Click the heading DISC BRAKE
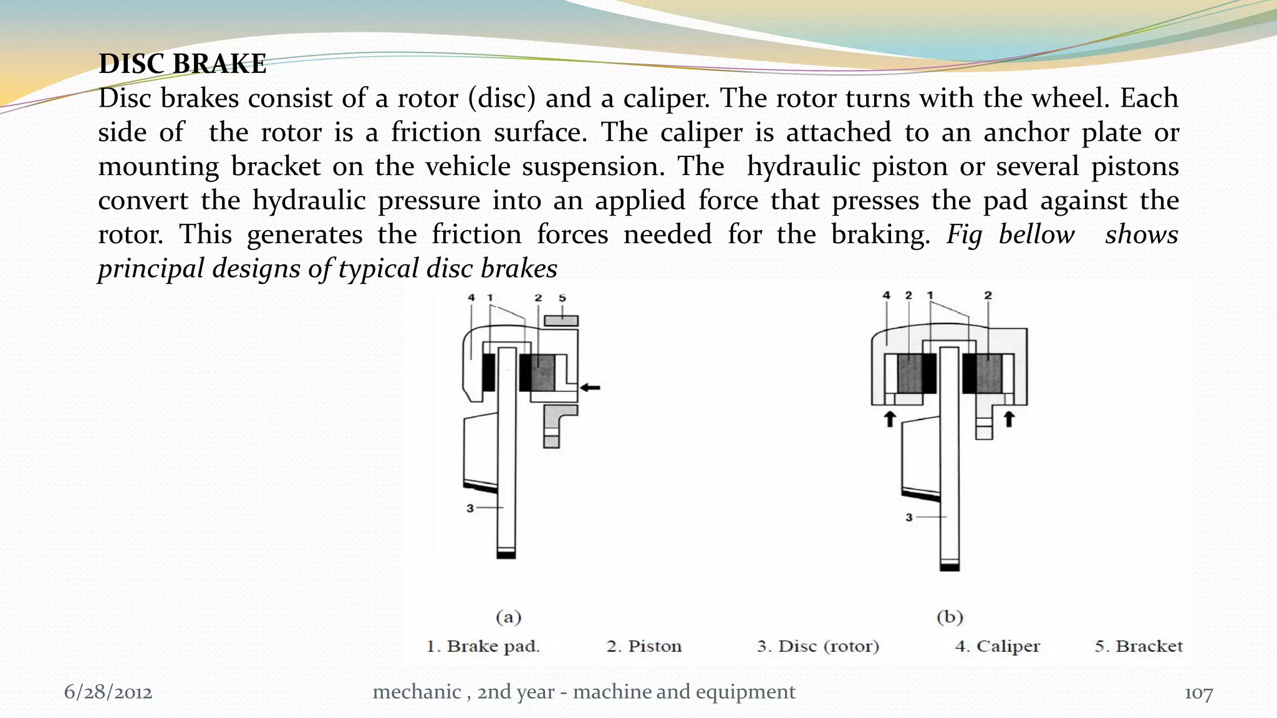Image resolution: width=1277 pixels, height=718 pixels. click(x=182, y=64)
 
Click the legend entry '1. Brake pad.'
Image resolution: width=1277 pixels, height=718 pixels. click(x=483, y=646)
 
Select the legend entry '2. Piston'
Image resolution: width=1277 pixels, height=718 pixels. click(x=643, y=646)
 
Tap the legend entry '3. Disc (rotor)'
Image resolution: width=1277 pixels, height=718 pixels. click(x=817, y=646)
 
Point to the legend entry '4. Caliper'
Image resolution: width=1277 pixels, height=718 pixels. click(x=997, y=646)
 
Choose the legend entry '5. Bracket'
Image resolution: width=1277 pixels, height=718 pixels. click(x=1138, y=646)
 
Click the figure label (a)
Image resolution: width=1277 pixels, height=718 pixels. click(x=508, y=617)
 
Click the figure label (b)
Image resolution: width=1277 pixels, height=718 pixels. click(x=950, y=617)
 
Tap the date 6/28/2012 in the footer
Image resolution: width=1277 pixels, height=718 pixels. click(x=108, y=692)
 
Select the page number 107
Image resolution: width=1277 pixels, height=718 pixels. click(x=1198, y=693)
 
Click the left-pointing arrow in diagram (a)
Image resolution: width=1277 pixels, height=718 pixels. click(x=590, y=388)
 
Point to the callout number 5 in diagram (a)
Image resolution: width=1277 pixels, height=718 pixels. click(x=562, y=298)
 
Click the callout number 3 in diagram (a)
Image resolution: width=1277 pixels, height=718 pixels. click(x=470, y=509)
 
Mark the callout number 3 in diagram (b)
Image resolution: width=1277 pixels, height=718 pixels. click(x=909, y=517)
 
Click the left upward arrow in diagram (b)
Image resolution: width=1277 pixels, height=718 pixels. click(x=890, y=418)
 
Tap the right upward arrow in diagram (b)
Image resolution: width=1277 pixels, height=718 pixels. click(x=1009, y=418)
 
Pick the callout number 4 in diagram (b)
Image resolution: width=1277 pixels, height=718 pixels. click(x=887, y=295)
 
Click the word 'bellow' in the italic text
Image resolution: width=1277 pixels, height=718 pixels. click(x=1036, y=235)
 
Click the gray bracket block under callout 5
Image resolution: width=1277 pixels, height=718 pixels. click(x=561, y=321)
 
